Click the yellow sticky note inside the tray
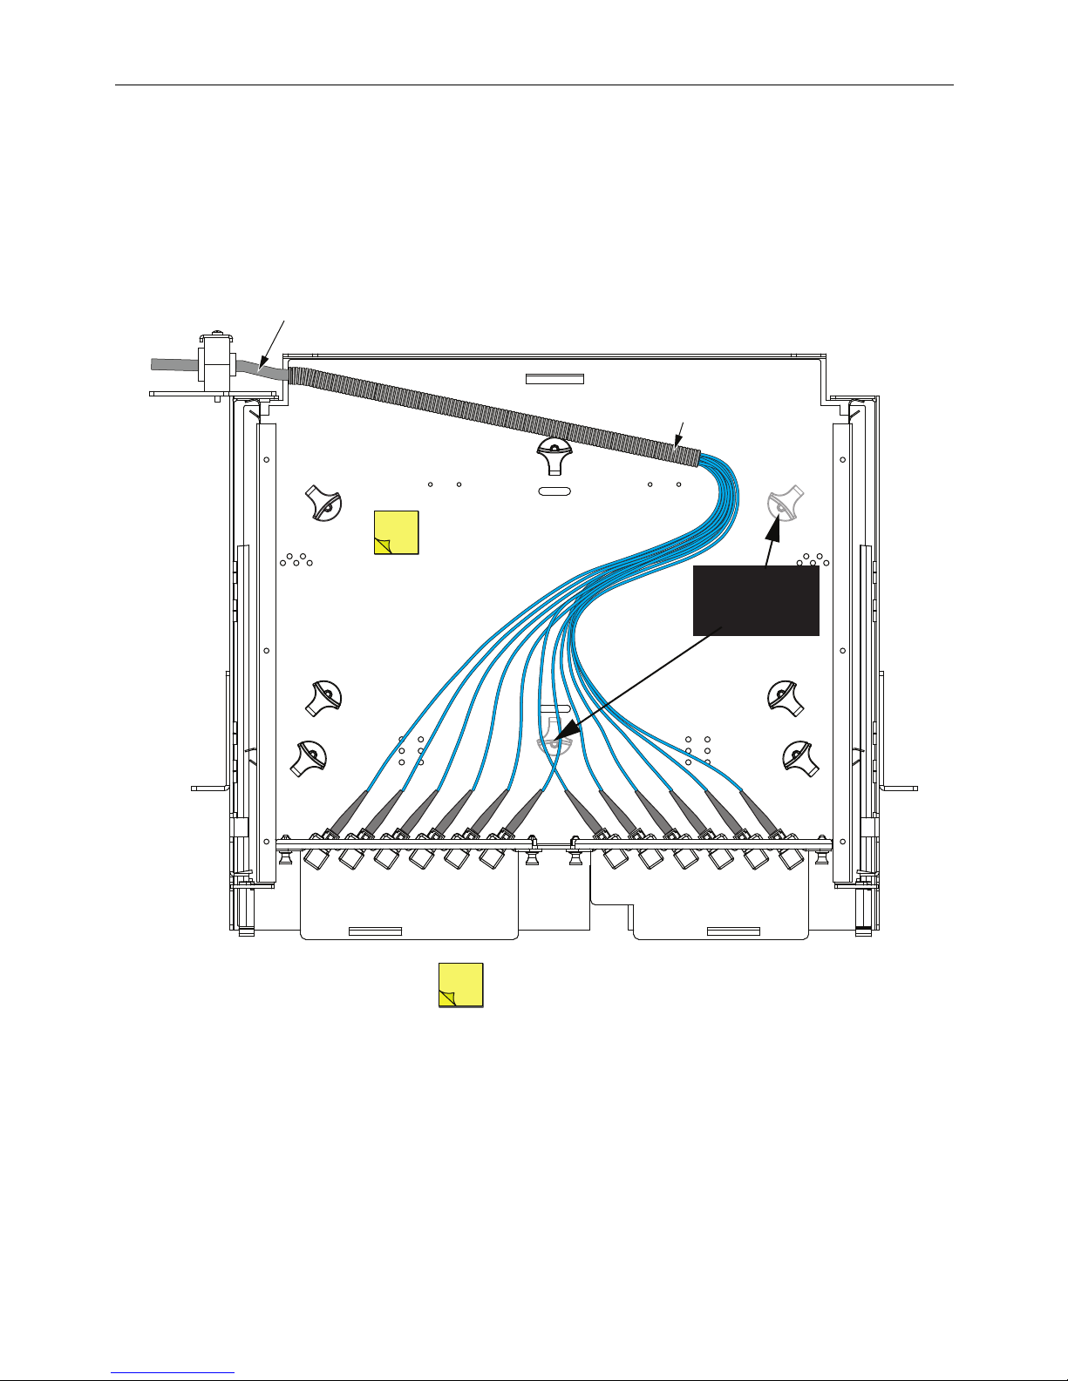396,532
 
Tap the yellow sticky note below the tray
460,985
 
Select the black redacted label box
756,600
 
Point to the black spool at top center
554,454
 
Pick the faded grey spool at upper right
784,504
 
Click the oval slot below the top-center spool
554,491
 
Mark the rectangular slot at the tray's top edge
554,379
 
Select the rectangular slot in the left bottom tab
375,931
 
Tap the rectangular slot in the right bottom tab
732,931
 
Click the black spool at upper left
323,504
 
